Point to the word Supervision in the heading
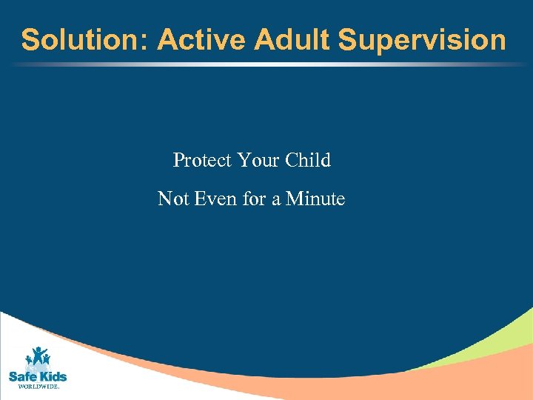pyautogui.click(x=423, y=40)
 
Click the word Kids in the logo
pyautogui.click(x=51, y=376)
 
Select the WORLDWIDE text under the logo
pyautogui.click(x=38, y=387)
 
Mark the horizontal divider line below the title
pyautogui.click(x=266, y=64)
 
